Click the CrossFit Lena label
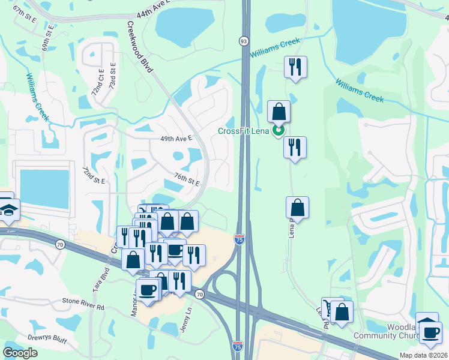coord(243,131)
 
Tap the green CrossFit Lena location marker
coord(279,130)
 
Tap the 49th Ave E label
coord(175,138)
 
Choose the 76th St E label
coord(187,179)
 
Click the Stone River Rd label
coord(83,307)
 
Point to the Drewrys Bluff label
coord(34,337)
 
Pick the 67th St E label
coord(25,17)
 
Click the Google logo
coord(21,352)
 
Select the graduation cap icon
coord(8,209)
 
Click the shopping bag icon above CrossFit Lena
coord(279,112)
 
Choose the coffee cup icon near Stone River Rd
coord(148,290)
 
